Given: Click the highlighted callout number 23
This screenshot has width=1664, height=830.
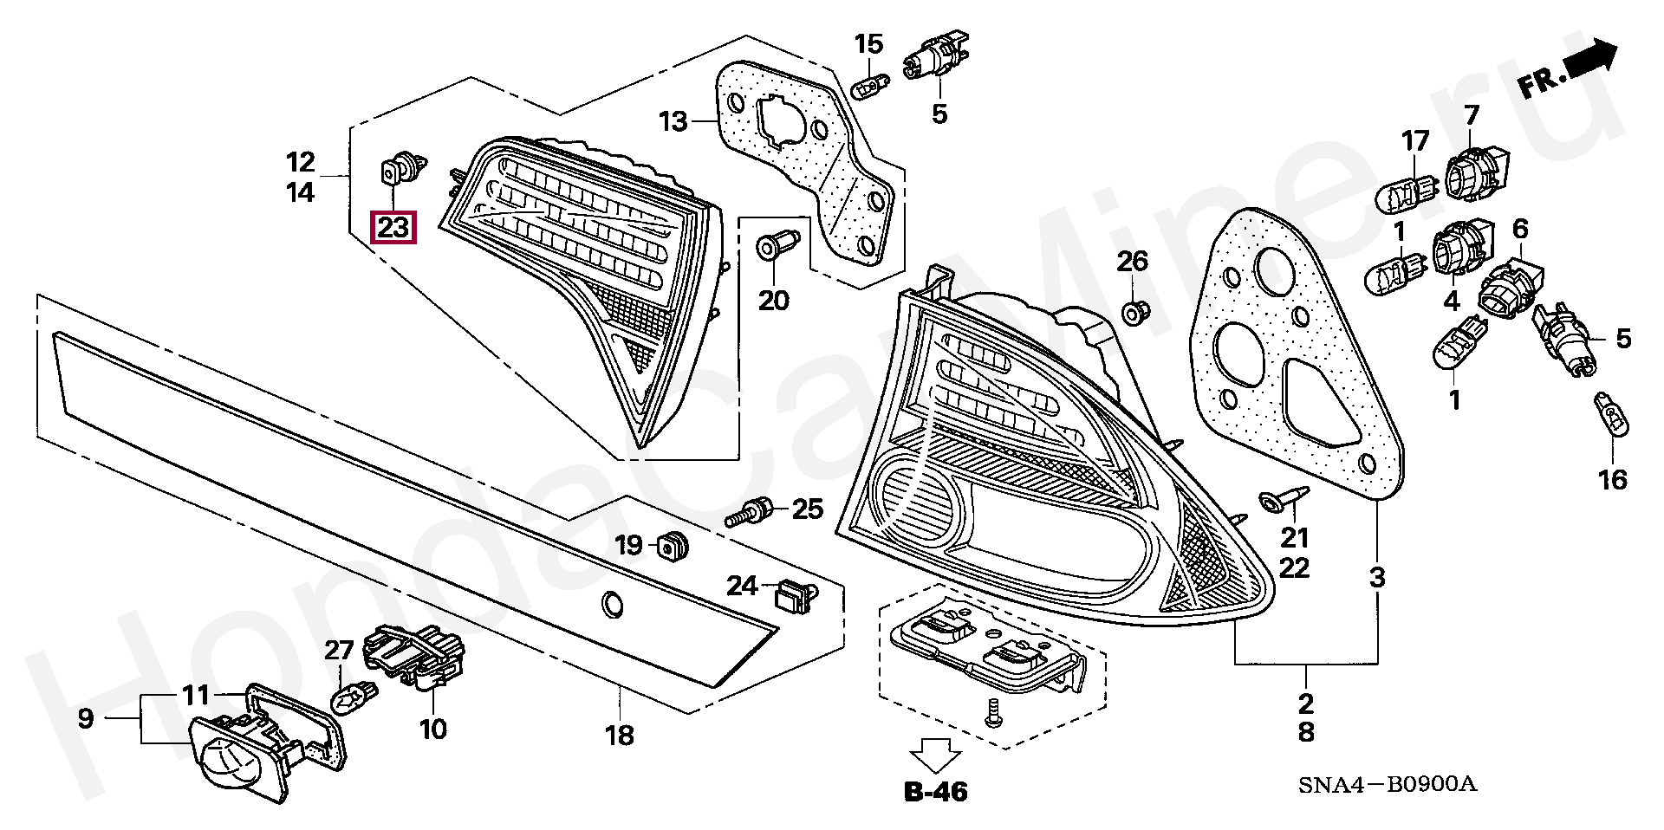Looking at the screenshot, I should [393, 228].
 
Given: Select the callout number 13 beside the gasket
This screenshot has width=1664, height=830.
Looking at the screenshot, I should [673, 121].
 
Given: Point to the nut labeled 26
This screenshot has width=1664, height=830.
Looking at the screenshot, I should [1133, 311].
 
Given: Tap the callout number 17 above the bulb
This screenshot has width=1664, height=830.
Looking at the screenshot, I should [1415, 140].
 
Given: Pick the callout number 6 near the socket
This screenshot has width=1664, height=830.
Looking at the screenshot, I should [1521, 230].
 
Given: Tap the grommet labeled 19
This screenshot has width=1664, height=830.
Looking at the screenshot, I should [674, 545].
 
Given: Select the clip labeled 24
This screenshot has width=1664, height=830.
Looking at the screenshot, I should [792, 595].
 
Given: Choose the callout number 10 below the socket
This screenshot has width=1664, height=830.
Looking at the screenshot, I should [432, 729].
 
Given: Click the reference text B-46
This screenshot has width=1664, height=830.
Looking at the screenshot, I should [936, 791].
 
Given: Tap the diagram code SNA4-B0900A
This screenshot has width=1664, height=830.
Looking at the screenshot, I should [1387, 785].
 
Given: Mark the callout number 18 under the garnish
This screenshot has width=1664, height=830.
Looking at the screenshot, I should [620, 736].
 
